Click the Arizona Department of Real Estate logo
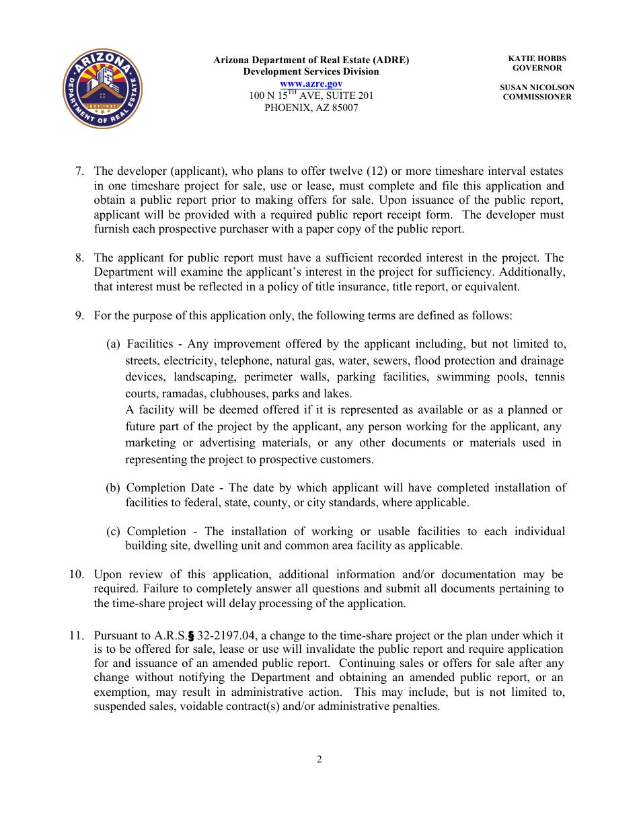tap(102, 88)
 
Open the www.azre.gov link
tap(311, 83)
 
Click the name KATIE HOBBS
tap(537, 59)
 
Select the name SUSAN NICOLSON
tap(537, 87)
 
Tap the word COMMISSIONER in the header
tap(537, 97)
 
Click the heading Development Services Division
tap(311, 71)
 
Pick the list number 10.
tap(77, 575)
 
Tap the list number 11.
tap(77, 635)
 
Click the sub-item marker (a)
tap(114, 344)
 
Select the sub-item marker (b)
tap(113, 488)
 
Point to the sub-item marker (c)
tap(114, 532)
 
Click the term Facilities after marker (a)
tap(149, 344)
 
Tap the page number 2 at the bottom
tap(319, 760)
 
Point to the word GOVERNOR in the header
tap(537, 68)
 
